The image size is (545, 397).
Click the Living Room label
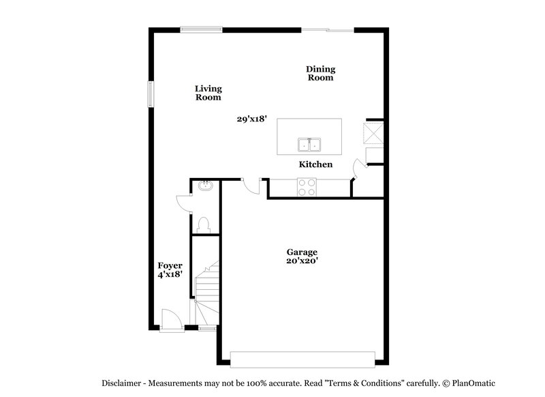pyautogui.click(x=208, y=93)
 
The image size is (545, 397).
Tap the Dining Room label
pyautogui.click(x=320, y=73)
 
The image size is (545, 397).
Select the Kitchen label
pyautogui.click(x=316, y=164)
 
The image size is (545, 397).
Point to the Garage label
pyautogui.click(x=302, y=252)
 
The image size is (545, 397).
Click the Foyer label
pyautogui.click(x=170, y=265)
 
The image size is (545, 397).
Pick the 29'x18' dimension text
pyautogui.click(x=251, y=119)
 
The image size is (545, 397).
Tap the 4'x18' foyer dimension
pyautogui.click(x=170, y=275)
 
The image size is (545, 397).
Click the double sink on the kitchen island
pyautogui.click(x=309, y=145)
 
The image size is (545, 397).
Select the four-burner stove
pyautogui.click(x=307, y=186)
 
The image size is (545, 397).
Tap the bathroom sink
pyautogui.click(x=204, y=186)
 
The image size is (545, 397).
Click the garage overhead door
pyautogui.click(x=302, y=359)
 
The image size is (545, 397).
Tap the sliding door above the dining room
pyautogui.click(x=328, y=29)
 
